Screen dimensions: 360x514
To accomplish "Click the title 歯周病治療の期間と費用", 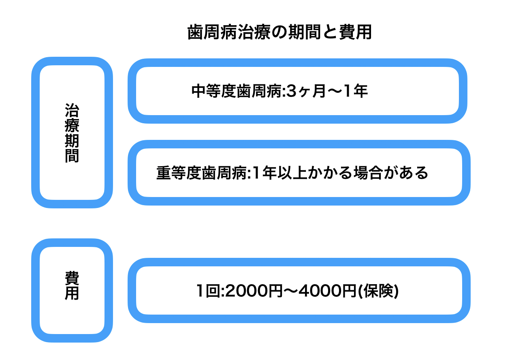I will click(279, 33).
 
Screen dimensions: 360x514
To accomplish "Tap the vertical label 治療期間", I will click(72, 133).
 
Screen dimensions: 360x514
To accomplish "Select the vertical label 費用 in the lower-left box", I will click(72, 286).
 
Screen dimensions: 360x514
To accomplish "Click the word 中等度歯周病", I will click(236, 92).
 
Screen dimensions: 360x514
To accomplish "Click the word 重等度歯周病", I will click(201, 173).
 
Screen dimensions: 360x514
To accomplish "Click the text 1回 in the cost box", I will click(207, 291).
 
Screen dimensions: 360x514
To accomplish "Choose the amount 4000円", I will click(326, 291).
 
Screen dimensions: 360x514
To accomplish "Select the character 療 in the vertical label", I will click(72, 126).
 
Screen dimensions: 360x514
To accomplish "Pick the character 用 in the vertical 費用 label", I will click(72, 293).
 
